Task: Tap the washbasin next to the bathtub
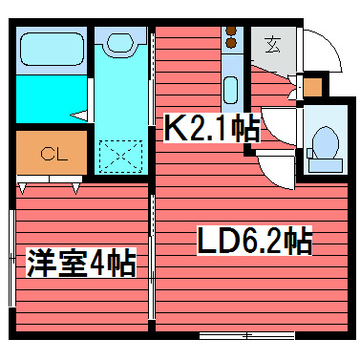pos(120,44)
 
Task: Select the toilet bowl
pos(325,144)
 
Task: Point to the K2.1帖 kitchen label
pos(209,129)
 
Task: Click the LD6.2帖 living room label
pos(254,241)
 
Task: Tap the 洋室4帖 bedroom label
pos(80,261)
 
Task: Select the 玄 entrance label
pos(273,44)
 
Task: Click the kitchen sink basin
pos(230,92)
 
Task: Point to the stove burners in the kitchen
pos(230,39)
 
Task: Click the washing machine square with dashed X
pos(120,154)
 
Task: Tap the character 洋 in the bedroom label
pos(38,261)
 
